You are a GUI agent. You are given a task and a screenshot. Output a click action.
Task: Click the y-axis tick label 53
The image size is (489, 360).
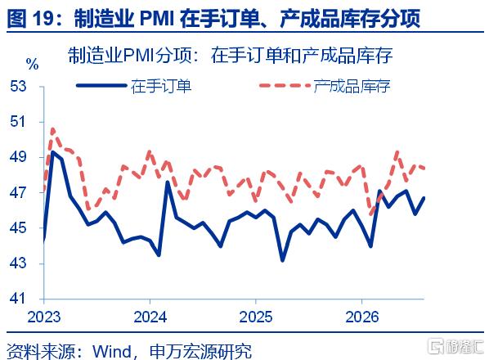[18, 86]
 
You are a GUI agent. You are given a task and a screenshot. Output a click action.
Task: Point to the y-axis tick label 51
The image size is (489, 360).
[18, 121]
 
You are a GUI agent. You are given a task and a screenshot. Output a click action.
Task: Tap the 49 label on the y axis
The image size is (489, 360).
[18, 156]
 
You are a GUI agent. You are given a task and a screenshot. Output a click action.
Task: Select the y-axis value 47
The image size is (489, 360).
[18, 192]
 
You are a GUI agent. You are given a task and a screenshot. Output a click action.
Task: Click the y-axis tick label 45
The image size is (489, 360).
[18, 228]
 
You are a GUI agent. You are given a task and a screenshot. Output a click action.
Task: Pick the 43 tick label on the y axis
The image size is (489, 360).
[18, 263]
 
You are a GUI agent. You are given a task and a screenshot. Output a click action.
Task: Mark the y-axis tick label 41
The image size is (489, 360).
[18, 299]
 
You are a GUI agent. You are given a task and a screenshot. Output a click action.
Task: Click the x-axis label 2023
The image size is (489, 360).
[44, 317]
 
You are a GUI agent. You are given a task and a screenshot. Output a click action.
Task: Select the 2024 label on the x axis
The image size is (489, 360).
[150, 317]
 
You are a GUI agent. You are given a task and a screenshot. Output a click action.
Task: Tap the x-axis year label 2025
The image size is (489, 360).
[256, 317]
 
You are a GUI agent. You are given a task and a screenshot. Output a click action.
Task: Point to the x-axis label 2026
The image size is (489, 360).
[361, 317]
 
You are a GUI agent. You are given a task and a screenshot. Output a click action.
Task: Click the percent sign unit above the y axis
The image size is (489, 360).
[33, 65]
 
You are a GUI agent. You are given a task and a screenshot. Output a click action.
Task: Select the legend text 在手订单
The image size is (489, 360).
[161, 86]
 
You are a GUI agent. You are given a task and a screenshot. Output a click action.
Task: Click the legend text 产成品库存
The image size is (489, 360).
[352, 86]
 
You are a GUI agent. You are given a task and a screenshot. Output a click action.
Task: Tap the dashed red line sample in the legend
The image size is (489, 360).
[285, 85]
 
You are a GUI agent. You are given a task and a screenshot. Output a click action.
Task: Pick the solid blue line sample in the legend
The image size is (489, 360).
[101, 85]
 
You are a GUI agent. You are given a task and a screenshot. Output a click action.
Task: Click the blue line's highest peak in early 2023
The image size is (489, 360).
[52, 152]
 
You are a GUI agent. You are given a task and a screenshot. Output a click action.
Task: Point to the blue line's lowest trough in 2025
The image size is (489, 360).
[283, 260]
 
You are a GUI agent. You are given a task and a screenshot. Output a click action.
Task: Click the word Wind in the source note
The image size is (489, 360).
[112, 352]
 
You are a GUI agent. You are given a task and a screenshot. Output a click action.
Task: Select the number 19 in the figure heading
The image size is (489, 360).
[44, 19]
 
